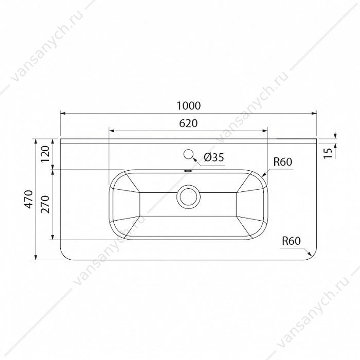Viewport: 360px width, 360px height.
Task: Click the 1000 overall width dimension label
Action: pyautogui.click(x=189, y=105)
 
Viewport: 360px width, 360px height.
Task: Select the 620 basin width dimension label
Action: pyautogui.click(x=188, y=123)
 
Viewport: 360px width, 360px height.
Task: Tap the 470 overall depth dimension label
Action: pyautogui.click(x=29, y=200)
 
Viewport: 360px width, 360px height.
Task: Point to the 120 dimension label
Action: pyautogui.click(x=45, y=154)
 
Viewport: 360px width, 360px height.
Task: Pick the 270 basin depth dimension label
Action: pyautogui.click(x=45, y=204)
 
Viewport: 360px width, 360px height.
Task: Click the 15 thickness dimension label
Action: pyautogui.click(x=328, y=153)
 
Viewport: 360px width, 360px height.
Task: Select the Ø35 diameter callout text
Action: pyautogui.click(x=214, y=157)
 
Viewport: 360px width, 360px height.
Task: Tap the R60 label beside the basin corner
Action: pyautogui.click(x=283, y=162)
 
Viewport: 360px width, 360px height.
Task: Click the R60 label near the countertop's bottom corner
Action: pyautogui.click(x=291, y=241)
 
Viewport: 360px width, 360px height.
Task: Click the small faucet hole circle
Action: pyautogui.click(x=189, y=154)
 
